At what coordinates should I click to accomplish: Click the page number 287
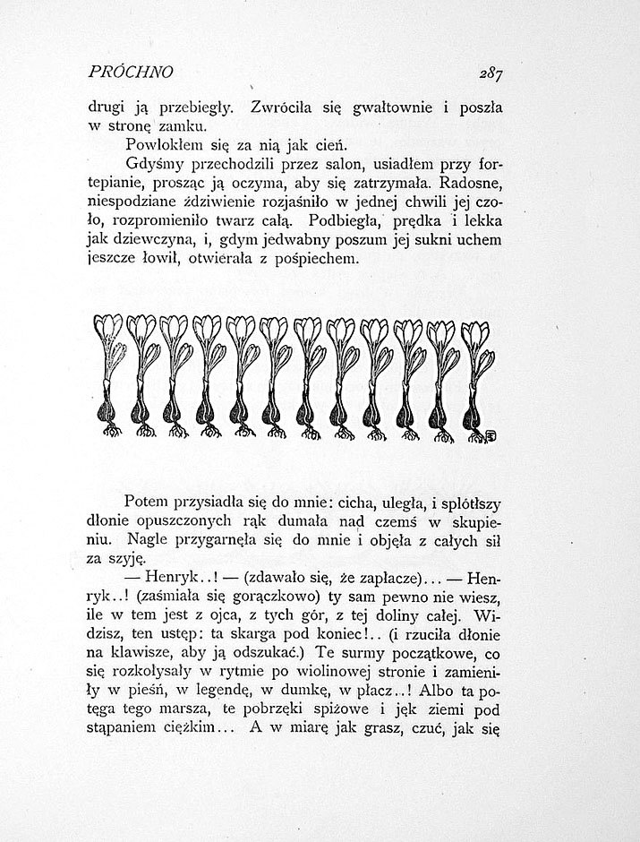491,73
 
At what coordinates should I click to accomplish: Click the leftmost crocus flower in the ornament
108,331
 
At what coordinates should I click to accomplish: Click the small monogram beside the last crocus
491,434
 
